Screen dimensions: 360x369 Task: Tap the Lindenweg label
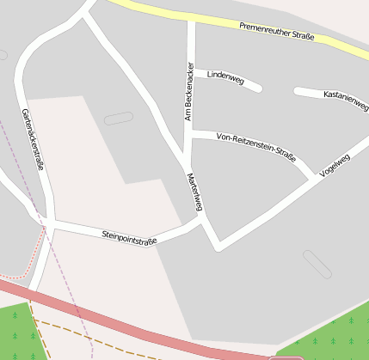tap(225, 79)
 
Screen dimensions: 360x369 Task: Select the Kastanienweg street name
tap(345, 98)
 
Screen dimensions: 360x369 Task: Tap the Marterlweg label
tap(194, 192)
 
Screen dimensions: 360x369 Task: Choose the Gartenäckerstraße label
tap(32, 139)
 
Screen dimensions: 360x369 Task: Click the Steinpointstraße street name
tap(129, 237)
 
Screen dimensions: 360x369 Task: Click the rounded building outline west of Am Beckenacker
tap(119, 118)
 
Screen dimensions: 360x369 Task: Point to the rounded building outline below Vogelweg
tap(317, 264)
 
